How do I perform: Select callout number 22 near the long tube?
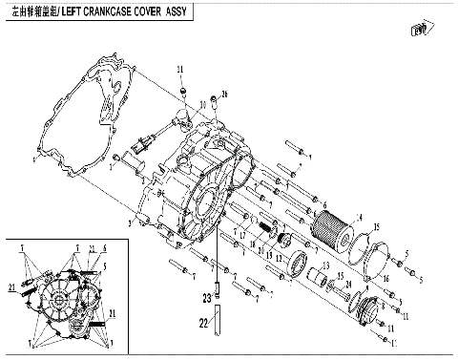202,325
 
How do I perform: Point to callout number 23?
205,298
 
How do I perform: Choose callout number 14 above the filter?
360,218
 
